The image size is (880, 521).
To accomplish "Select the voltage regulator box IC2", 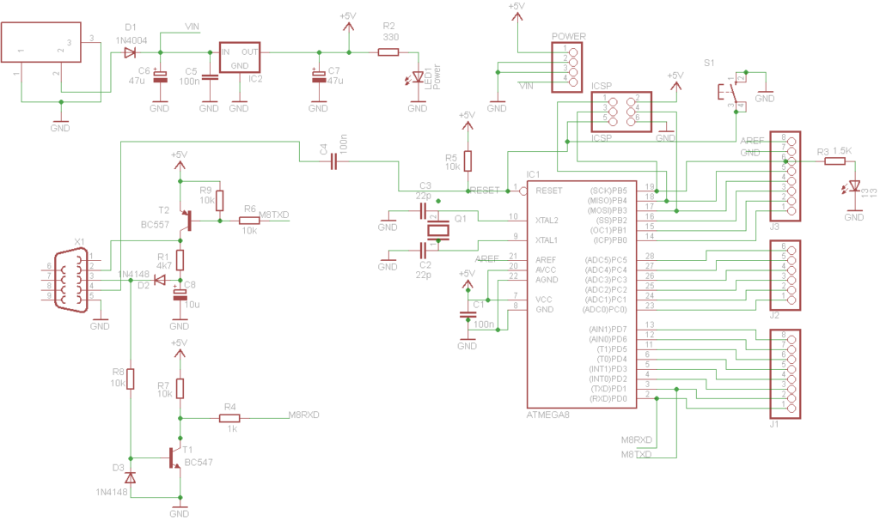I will coord(240,58).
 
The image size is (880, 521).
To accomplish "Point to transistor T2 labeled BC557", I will coord(184,222).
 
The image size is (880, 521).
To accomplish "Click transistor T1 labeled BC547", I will coord(176,458).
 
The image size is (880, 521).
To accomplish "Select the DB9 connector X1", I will coord(72,277).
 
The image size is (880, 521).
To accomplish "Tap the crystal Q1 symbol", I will coord(438,229).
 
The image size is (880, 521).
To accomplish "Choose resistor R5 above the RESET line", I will coord(467,161).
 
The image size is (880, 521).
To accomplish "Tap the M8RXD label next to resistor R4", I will coord(303,415).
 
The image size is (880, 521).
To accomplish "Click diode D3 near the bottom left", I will coord(130,476).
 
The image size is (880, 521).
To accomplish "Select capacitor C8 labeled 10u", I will coord(180,294).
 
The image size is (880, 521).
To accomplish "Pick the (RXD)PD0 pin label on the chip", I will coord(608,399).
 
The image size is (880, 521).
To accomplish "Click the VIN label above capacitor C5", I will coord(192,27).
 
